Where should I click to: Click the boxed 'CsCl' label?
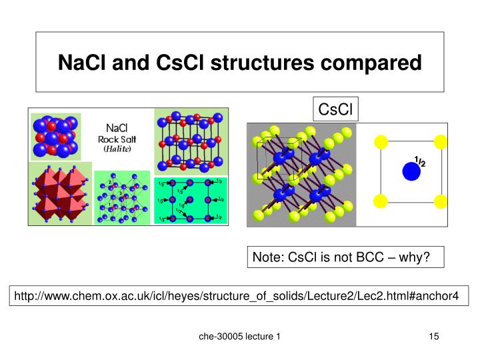pyautogui.click(x=337, y=109)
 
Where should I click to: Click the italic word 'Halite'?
pyautogui.click(x=117, y=149)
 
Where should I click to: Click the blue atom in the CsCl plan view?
pyautogui.click(x=412, y=171)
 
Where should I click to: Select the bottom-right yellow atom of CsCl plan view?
pyautogui.click(x=440, y=201)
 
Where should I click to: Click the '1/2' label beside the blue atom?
pyautogui.click(x=420, y=161)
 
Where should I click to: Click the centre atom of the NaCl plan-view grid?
pyautogui.click(x=190, y=199)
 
